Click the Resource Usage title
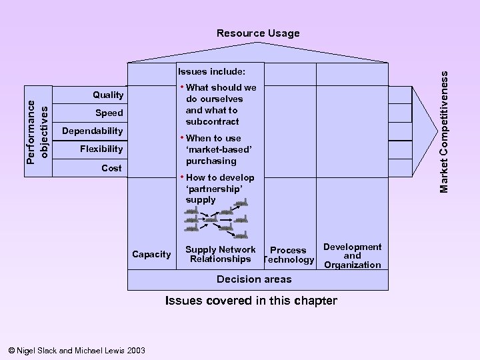click(258, 33)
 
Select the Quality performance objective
click(108, 95)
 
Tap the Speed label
click(109, 113)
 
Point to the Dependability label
click(92, 131)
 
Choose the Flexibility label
click(101, 149)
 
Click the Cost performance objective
click(111, 168)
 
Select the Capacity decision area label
click(151, 255)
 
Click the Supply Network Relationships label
click(220, 255)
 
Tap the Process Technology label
click(289, 255)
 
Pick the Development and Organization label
click(352, 256)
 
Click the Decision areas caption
click(254, 279)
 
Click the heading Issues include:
click(211, 71)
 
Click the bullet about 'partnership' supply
click(219, 189)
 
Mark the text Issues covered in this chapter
click(251, 301)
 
